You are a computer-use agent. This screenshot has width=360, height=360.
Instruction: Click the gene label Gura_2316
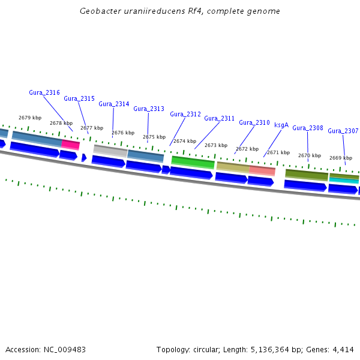44,92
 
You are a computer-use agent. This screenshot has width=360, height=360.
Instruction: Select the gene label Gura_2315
79,98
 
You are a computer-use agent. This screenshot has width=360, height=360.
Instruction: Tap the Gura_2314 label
114,104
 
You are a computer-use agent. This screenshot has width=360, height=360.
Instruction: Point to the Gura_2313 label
149,109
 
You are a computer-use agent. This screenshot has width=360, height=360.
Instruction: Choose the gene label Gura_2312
185,114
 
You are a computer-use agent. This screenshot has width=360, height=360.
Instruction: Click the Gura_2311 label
220,118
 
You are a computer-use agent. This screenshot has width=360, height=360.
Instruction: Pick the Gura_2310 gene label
254,122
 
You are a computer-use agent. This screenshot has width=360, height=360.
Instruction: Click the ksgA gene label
281,125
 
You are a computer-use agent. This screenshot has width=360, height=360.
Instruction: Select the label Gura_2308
308,128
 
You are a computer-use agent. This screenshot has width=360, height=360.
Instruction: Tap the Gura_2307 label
343,131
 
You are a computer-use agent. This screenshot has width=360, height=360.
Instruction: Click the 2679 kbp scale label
30,118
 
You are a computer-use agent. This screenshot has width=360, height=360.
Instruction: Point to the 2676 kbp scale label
123,133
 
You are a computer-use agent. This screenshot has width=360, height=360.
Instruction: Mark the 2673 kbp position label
216,145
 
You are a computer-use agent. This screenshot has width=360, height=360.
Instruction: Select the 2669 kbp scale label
341,158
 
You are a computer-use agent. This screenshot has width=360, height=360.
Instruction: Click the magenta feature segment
71,145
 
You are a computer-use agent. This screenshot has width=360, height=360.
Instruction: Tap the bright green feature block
193,162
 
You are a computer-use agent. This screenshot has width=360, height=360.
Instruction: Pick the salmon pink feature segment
262,170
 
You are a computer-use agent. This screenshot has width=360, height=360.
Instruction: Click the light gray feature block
110,151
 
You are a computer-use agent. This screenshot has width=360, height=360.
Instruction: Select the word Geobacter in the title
100,11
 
